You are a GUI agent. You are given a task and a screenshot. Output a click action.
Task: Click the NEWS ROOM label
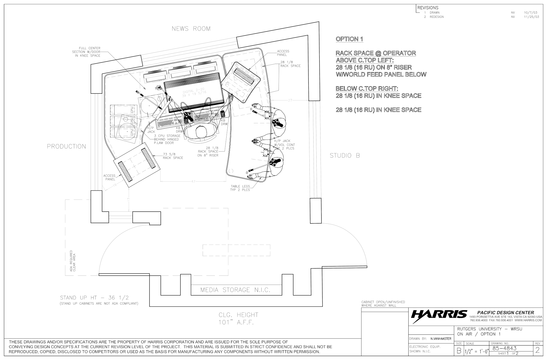pyautogui.click(x=191, y=29)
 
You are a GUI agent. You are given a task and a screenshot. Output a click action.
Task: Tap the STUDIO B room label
pyautogui.click(x=345, y=156)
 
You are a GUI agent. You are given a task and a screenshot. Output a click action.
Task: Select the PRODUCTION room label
pyautogui.click(x=66, y=147)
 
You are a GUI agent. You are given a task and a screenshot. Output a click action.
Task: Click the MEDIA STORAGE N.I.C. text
pyautogui.click(x=235, y=290)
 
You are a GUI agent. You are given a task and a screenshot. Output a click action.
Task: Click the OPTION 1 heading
pyautogui.click(x=349, y=39)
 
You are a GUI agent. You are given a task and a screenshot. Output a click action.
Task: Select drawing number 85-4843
pyautogui.click(x=504, y=348)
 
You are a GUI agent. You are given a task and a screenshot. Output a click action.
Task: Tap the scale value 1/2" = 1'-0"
pyautogui.click(x=476, y=351)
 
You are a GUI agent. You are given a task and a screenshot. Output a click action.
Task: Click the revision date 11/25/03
pyautogui.click(x=531, y=17)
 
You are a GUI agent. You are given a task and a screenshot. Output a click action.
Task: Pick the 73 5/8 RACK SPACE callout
pyautogui.click(x=173, y=156)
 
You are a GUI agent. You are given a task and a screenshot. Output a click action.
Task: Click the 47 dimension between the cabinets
pyautogui.click(x=193, y=181)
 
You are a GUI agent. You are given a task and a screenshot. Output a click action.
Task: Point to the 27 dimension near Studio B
pyautogui.click(x=290, y=100)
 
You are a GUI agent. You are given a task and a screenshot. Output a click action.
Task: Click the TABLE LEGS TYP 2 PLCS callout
pyautogui.click(x=240, y=188)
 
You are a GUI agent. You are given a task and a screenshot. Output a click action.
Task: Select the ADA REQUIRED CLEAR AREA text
pyautogui.click(x=73, y=261)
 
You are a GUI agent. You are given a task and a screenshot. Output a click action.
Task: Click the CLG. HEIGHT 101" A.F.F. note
pyautogui.click(x=238, y=319)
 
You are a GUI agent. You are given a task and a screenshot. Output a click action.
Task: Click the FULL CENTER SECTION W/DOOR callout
pyautogui.click(x=86, y=52)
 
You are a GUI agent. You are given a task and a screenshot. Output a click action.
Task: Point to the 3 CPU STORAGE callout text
pyautogui.click(x=167, y=139)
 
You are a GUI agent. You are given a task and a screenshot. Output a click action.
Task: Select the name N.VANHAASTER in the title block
pyautogui.click(x=441, y=339)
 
